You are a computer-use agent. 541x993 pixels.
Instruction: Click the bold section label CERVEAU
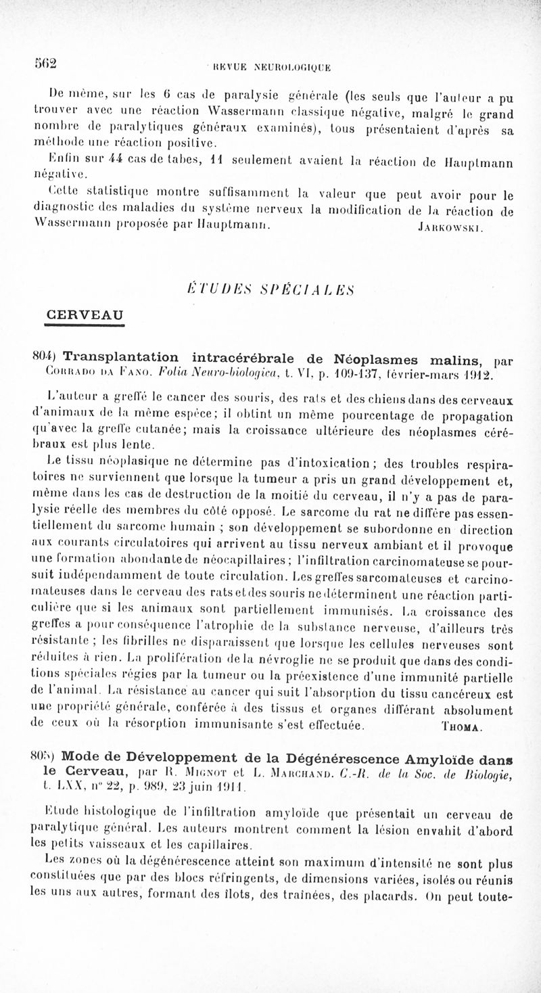84,315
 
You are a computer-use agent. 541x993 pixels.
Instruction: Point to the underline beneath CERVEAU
84,326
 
